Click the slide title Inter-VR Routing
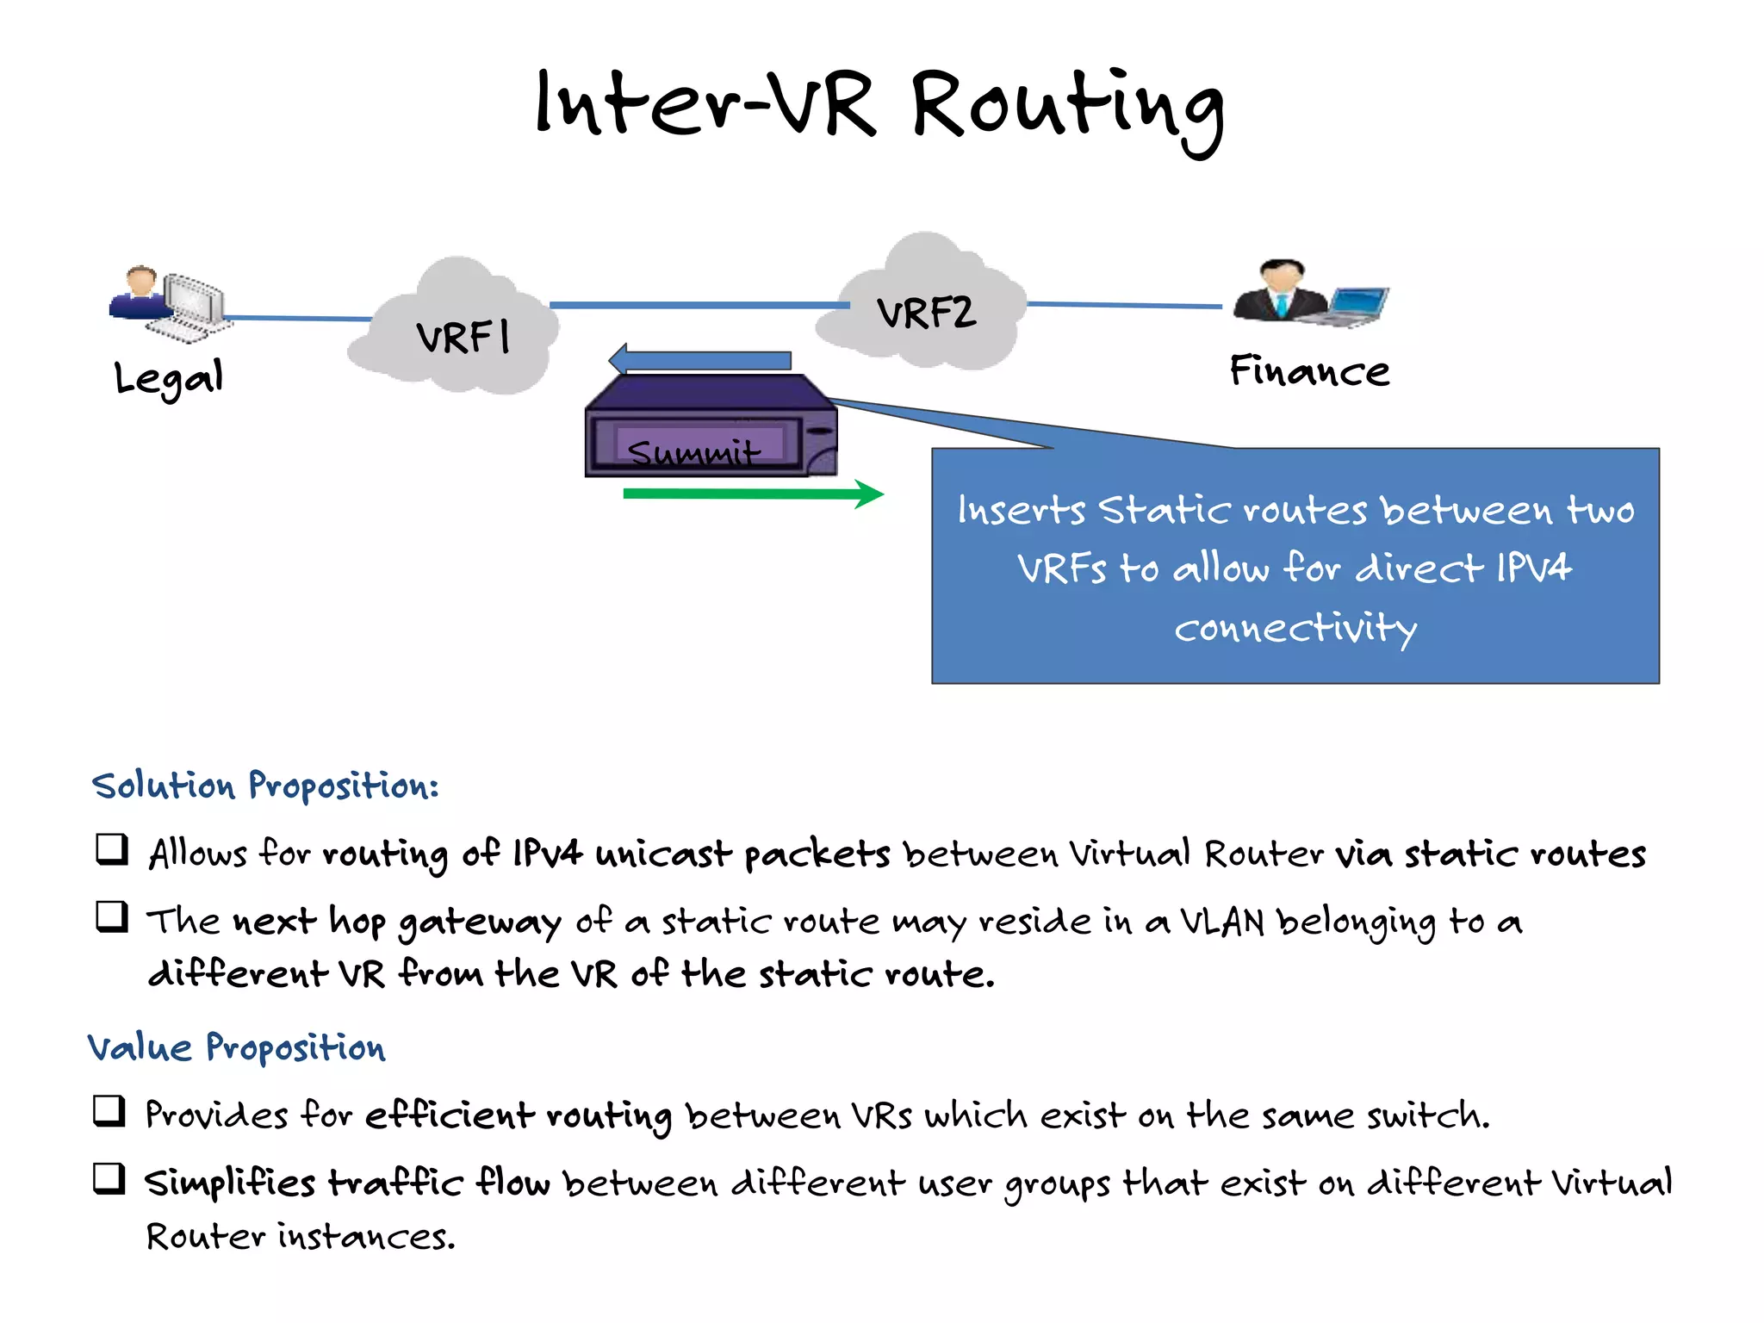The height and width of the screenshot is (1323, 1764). (879, 108)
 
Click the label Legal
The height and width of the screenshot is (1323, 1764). (169, 377)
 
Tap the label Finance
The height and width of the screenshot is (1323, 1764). (1309, 371)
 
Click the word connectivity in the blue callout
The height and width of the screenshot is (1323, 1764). (1295, 628)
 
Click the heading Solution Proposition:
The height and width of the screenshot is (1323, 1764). (265, 786)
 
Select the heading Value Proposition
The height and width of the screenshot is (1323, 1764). (237, 1047)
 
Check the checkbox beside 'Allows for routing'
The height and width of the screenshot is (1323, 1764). (112, 849)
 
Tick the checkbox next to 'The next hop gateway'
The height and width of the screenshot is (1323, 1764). (112, 917)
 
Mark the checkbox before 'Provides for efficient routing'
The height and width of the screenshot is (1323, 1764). (110, 1111)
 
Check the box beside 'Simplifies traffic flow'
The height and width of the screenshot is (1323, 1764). (110, 1178)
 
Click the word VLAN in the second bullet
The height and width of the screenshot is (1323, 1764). (1221, 922)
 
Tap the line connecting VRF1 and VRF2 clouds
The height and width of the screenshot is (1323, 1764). (698, 305)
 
